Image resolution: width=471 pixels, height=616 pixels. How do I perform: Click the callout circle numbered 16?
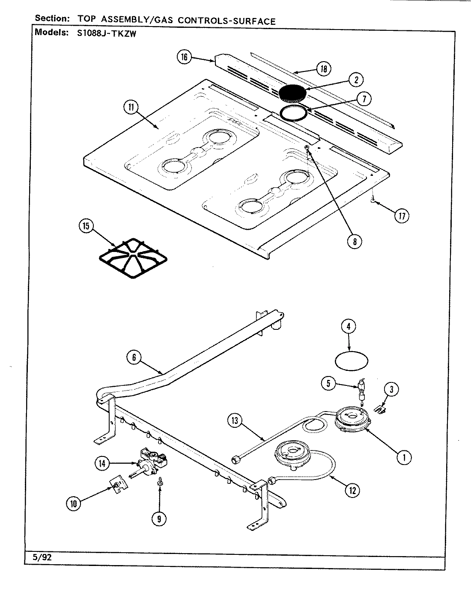(x=184, y=57)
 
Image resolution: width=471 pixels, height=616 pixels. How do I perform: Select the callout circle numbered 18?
(x=324, y=68)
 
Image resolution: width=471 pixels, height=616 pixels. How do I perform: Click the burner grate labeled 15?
(x=132, y=259)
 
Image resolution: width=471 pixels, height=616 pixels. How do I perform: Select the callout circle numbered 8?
(x=354, y=241)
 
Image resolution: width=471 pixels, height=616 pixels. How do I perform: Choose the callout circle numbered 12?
(x=352, y=490)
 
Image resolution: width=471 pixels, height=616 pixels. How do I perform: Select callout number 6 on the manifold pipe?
(x=134, y=357)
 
